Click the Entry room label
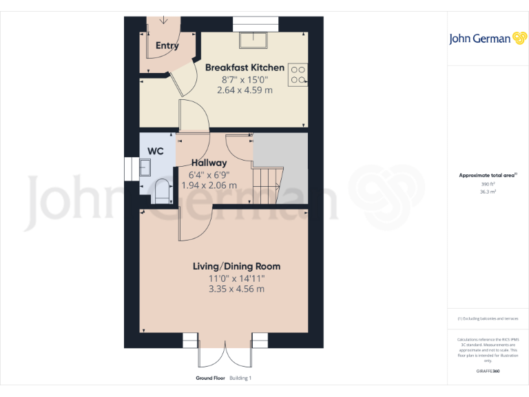167,46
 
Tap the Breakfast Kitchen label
245,68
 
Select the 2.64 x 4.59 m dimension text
245,90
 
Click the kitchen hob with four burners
298,74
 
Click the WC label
156,150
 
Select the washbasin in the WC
145,167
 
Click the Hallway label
209,163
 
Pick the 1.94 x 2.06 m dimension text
209,185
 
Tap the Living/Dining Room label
236,266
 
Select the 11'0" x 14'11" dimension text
236,278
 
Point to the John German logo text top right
480,39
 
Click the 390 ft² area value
487,184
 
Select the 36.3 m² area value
487,192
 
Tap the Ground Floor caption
210,378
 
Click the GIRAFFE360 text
487,371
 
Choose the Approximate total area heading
486,176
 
